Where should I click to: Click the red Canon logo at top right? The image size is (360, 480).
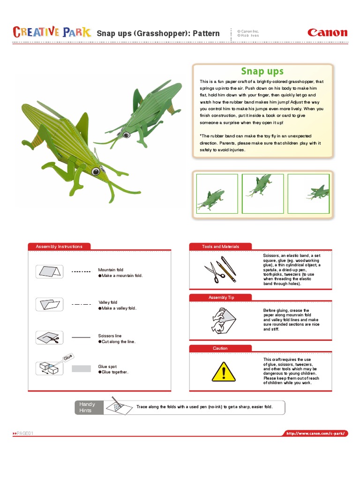coord(327,33)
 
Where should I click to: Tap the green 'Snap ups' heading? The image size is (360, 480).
coord(262,71)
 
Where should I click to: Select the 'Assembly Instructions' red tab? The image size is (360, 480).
coord(59,247)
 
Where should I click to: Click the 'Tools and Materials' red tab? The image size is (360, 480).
coord(220,247)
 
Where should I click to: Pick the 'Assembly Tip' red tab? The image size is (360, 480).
coord(220,298)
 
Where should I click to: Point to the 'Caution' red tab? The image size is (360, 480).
coord(220,348)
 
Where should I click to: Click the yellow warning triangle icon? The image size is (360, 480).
coord(224,372)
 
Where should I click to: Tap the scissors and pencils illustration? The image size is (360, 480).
coord(219,270)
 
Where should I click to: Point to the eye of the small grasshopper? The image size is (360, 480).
coord(126,135)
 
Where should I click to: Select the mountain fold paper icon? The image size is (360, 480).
coord(49,271)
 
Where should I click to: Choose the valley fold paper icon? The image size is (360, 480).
coord(49,304)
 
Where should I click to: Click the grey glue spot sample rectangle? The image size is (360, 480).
coord(81,369)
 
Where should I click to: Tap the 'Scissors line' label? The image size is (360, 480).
coord(110,336)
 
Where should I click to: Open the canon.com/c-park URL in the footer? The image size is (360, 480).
coord(317,434)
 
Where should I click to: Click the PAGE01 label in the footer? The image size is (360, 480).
coord(24,434)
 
